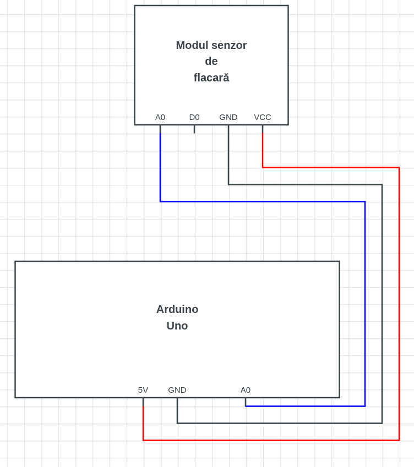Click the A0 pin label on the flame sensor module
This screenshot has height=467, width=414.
[x=160, y=117]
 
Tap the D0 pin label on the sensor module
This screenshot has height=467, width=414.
[x=194, y=117]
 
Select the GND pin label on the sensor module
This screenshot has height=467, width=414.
[x=228, y=117]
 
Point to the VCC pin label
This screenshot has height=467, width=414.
[x=263, y=117]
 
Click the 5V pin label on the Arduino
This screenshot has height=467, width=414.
[x=143, y=390]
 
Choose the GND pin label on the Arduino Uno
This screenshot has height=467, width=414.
[x=177, y=390]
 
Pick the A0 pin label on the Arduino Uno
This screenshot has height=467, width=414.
[x=246, y=390]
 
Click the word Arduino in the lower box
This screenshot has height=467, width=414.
[x=177, y=309]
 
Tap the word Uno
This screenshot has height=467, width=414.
[x=177, y=326]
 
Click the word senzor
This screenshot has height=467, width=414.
[x=229, y=45]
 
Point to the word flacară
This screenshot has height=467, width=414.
[x=211, y=78]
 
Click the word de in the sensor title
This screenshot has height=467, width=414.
[x=211, y=61]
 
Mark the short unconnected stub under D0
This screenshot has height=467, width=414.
[x=194, y=129]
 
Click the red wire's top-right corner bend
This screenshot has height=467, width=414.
[x=399, y=168]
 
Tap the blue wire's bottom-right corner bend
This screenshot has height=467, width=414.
[x=365, y=406]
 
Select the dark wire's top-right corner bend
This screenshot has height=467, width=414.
[x=382, y=185]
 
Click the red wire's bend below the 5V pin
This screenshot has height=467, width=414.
[x=143, y=440]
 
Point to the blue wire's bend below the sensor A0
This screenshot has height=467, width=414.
[x=160, y=202]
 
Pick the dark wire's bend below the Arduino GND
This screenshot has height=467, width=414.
[x=177, y=423]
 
